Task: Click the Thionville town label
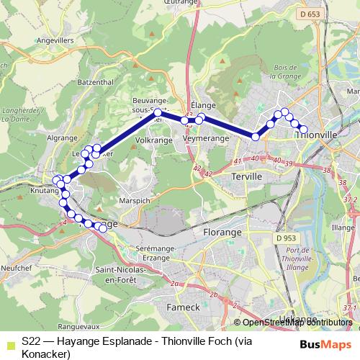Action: coord(317,134)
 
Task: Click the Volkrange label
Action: coord(153,140)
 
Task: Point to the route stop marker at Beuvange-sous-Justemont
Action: coord(158,112)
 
